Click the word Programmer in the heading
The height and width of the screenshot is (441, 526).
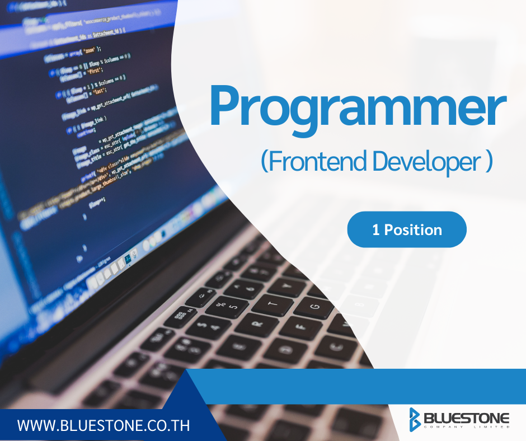(x=358, y=106)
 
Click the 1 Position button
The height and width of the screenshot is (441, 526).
(x=407, y=229)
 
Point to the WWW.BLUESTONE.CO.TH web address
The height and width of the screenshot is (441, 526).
(x=104, y=425)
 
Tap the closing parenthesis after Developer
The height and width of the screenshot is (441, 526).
(x=489, y=161)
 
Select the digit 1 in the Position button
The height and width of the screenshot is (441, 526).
(x=375, y=229)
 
